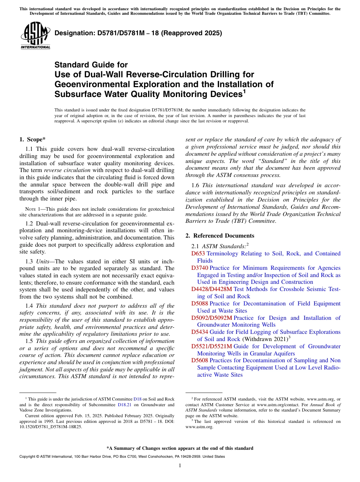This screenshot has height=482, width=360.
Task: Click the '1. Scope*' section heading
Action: tap(33, 139)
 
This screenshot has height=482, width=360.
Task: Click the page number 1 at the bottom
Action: tap(180, 466)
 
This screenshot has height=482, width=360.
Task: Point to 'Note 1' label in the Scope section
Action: tap(30, 209)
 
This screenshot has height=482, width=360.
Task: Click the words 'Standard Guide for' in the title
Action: tap(91, 65)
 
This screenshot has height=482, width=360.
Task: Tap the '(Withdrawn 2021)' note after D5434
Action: tap(265, 339)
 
